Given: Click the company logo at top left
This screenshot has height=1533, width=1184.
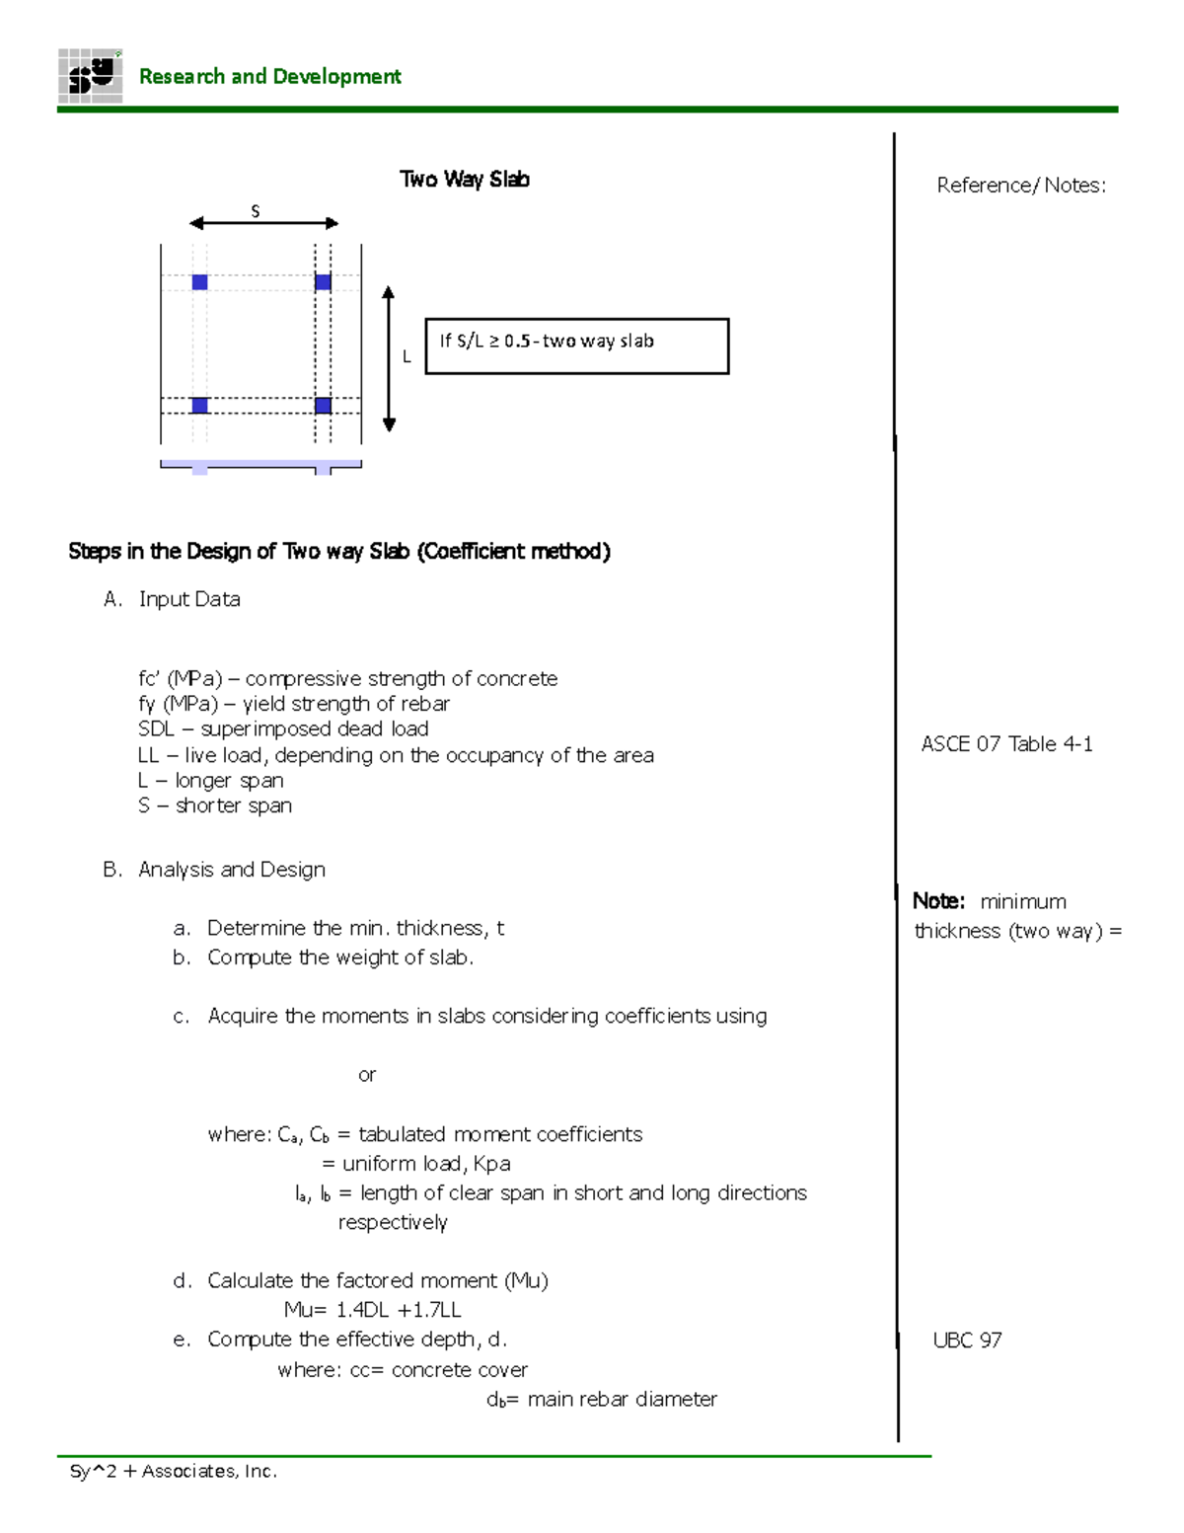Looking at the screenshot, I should pyautogui.click(x=90, y=76).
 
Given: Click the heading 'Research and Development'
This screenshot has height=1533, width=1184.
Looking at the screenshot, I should pyautogui.click(x=269, y=77).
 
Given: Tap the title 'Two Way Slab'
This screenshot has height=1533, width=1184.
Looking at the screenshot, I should pyautogui.click(x=464, y=179).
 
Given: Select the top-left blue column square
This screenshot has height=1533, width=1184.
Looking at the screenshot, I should pyautogui.click(x=199, y=282).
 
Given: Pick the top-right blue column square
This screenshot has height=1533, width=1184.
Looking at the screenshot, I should pyautogui.click(x=323, y=282).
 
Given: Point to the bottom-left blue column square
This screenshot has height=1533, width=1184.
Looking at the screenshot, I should pyautogui.click(x=199, y=406).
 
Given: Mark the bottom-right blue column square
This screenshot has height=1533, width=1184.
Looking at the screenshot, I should pyautogui.click(x=323, y=406).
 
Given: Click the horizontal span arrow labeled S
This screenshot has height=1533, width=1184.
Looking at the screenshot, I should pyautogui.click(x=263, y=223).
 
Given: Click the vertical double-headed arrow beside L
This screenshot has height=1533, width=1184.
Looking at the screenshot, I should pyautogui.click(x=389, y=358).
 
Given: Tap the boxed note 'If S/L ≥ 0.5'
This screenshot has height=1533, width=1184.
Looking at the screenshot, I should pyautogui.click(x=576, y=345).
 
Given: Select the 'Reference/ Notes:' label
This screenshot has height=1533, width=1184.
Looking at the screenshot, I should pyautogui.click(x=1021, y=186).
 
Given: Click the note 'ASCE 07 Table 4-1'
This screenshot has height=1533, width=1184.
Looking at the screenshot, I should pyautogui.click(x=1006, y=744).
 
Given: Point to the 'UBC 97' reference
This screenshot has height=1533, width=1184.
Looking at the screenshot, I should pyautogui.click(x=967, y=1341).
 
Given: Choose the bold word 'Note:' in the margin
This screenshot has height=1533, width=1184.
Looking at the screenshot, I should pyautogui.click(x=938, y=901).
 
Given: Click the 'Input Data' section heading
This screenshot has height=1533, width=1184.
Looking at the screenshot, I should pyautogui.click(x=189, y=599).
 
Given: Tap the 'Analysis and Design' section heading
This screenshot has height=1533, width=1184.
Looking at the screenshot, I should pyautogui.click(x=232, y=870).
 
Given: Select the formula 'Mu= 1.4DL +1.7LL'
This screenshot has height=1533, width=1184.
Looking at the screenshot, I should pyautogui.click(x=372, y=1310).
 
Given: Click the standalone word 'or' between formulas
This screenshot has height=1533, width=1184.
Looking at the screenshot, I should pyautogui.click(x=367, y=1075).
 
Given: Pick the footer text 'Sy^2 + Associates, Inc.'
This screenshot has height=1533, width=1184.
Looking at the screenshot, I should pyautogui.click(x=174, y=1472).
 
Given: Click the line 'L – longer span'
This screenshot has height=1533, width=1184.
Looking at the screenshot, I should pyautogui.click(x=211, y=781).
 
